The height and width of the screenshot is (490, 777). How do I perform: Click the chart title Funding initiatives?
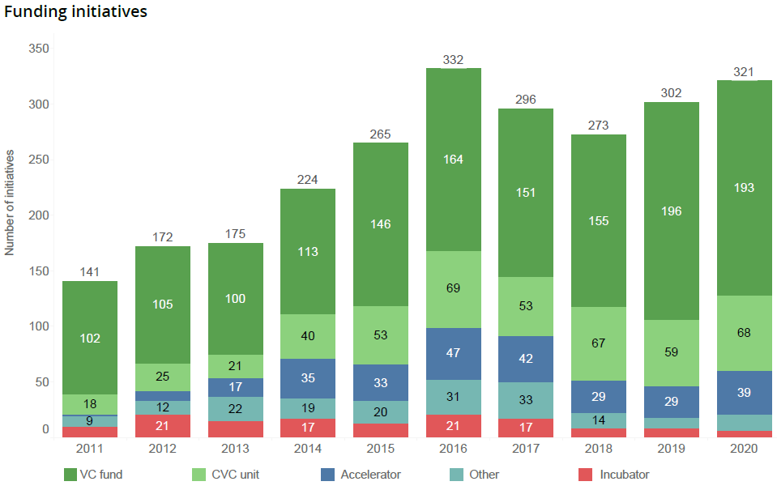(75, 13)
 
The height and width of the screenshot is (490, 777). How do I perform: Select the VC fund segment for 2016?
(453, 160)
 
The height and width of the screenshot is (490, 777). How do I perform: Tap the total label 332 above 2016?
(453, 61)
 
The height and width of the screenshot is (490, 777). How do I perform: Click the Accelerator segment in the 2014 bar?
(307, 377)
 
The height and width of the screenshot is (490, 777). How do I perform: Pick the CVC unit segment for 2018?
(598, 343)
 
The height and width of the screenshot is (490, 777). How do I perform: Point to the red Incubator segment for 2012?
(162, 426)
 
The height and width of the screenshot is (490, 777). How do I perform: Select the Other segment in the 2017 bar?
(526, 400)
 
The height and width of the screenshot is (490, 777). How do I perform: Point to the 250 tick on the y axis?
(40, 160)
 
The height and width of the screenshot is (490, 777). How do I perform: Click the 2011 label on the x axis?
(89, 448)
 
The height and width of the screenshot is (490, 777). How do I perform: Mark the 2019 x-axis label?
(671, 448)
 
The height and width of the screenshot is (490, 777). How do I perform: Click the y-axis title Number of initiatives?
(10, 202)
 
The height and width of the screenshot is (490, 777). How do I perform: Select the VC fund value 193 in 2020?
(744, 188)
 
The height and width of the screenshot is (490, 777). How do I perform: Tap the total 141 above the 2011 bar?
(89, 272)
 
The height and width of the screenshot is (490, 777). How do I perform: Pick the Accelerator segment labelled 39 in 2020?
(744, 392)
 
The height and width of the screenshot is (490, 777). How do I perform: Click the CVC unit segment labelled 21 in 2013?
(235, 366)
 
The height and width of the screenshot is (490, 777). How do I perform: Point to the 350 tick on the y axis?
(40, 49)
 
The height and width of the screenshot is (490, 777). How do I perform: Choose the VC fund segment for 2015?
(380, 224)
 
